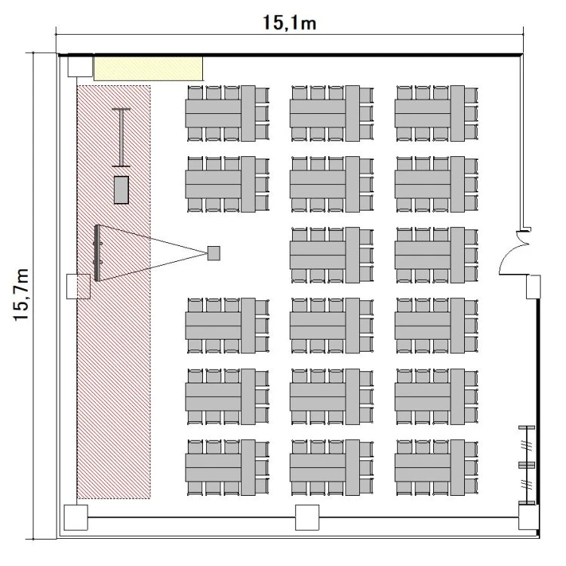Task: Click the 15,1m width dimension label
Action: click(x=289, y=23)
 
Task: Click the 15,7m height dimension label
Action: click(x=21, y=294)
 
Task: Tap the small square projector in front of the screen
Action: click(x=214, y=253)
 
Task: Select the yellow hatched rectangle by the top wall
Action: click(x=148, y=68)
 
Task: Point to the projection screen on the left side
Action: click(x=97, y=253)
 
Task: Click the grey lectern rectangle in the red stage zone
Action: click(x=122, y=190)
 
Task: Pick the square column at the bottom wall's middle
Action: click(x=307, y=517)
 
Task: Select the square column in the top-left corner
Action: click(x=80, y=66)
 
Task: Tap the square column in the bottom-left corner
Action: click(x=75, y=517)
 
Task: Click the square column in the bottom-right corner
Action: click(x=529, y=517)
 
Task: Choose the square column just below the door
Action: click(x=533, y=287)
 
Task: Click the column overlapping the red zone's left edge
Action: click(x=78, y=286)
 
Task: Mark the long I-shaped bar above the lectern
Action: click(x=121, y=137)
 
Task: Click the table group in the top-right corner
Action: click(x=436, y=113)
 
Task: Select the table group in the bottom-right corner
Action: click(x=436, y=467)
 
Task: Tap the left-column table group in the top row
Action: click(x=227, y=113)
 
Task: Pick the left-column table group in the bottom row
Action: click(x=227, y=467)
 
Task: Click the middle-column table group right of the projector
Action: click(x=332, y=255)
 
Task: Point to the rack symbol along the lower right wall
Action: click(x=527, y=465)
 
